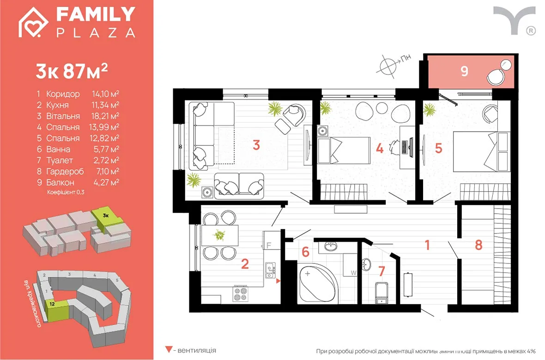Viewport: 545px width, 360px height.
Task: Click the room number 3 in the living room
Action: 256,145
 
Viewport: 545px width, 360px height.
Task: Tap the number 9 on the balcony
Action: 464,71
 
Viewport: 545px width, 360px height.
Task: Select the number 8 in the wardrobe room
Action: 478,245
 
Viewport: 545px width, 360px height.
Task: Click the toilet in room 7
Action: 382,292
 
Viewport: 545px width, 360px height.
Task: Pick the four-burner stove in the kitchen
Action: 240,294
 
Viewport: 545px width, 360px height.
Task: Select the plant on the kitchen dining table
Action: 219,235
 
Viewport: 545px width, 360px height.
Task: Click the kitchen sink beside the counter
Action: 270,270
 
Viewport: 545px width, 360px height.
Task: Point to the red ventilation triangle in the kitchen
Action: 278,281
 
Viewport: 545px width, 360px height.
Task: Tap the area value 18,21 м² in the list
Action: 105,116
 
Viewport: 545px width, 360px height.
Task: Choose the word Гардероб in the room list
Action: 65,171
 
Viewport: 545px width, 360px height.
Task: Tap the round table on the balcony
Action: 506,65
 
